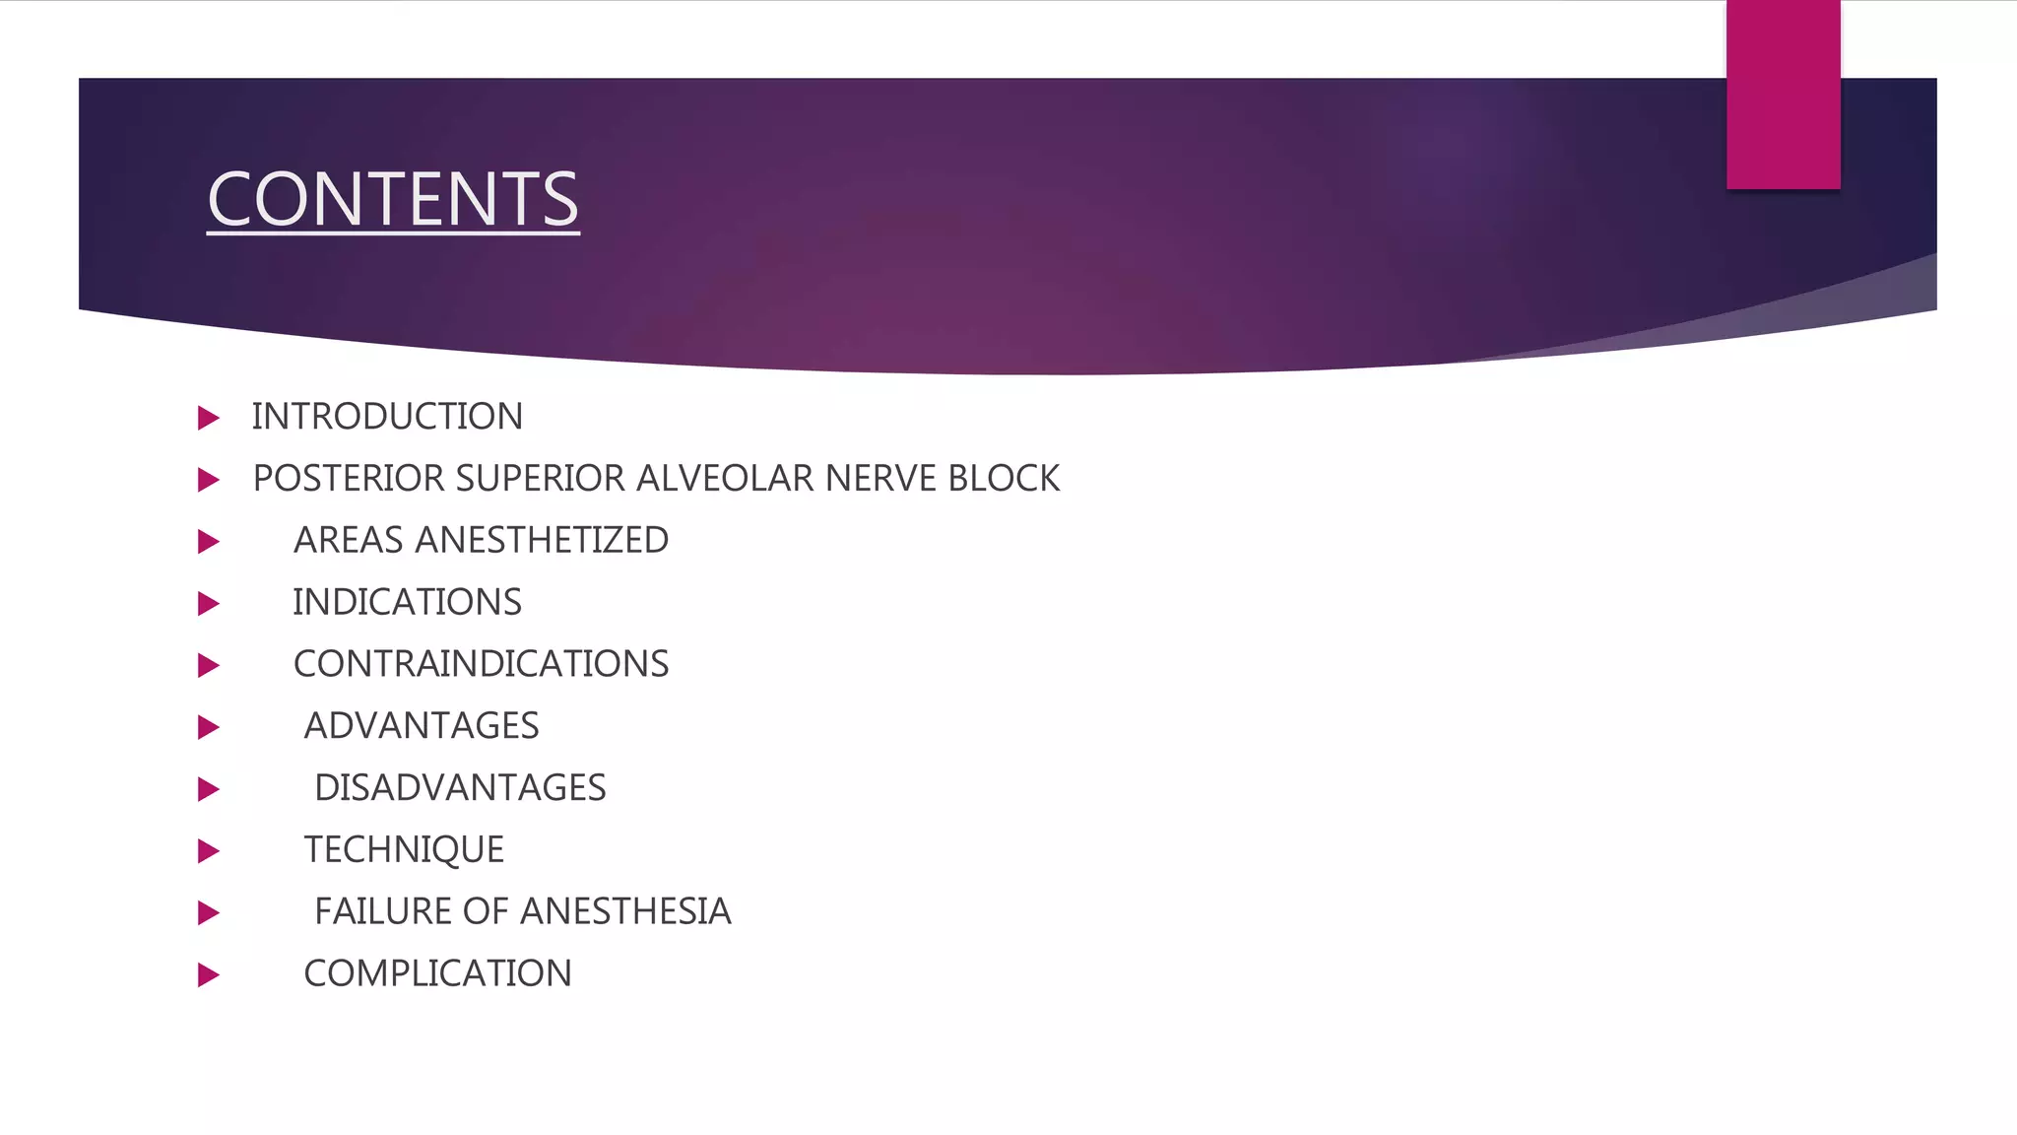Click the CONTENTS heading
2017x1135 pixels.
pyautogui.click(x=393, y=199)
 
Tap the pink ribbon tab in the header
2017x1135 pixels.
pyautogui.click(x=1783, y=95)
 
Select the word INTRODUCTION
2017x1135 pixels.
pyautogui.click(x=387, y=417)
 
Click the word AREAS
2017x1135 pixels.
pyautogui.click(x=349, y=541)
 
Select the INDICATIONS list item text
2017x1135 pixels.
pyautogui.click(x=407, y=602)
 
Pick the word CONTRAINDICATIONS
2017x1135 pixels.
pyautogui.click(x=481, y=664)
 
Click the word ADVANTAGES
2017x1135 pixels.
pyautogui.click(x=422, y=726)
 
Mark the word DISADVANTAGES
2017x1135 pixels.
pyautogui.click(x=460, y=788)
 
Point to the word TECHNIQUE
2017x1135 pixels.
pyautogui.click(x=404, y=850)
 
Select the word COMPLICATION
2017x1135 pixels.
pyautogui.click(x=437, y=974)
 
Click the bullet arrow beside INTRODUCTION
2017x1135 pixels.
pyautogui.click(x=208, y=418)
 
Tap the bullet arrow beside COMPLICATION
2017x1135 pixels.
pyautogui.click(x=208, y=975)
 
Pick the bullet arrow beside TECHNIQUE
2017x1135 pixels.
pyautogui.click(x=208, y=851)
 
